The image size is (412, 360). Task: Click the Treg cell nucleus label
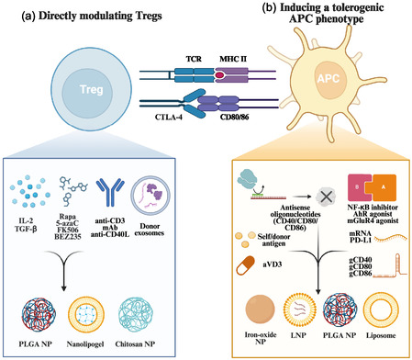pyautogui.click(x=91, y=90)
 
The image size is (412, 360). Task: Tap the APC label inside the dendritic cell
pyautogui.click(x=328, y=78)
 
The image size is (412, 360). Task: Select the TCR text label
pyautogui.click(x=194, y=59)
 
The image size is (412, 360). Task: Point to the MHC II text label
pyautogui.click(x=233, y=59)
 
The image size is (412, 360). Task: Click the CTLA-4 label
pyautogui.click(x=169, y=117)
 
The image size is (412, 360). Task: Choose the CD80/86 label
pyautogui.click(x=234, y=117)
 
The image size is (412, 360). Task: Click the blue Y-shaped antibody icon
pyautogui.click(x=110, y=193)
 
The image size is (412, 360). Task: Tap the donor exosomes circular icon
pyautogui.click(x=150, y=195)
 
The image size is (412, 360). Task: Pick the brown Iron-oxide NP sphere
pyautogui.click(x=260, y=310)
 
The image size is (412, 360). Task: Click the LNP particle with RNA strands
pyautogui.click(x=298, y=310)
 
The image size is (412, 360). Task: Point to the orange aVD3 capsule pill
pyautogui.click(x=245, y=265)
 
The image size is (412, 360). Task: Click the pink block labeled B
pyautogui.click(x=360, y=187)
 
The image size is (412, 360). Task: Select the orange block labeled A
pyautogui.click(x=383, y=187)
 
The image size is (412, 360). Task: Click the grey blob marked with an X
pyautogui.click(x=326, y=197)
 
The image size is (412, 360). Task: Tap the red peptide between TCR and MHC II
pyautogui.click(x=219, y=75)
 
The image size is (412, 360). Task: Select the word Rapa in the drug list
pyautogui.click(x=68, y=217)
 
